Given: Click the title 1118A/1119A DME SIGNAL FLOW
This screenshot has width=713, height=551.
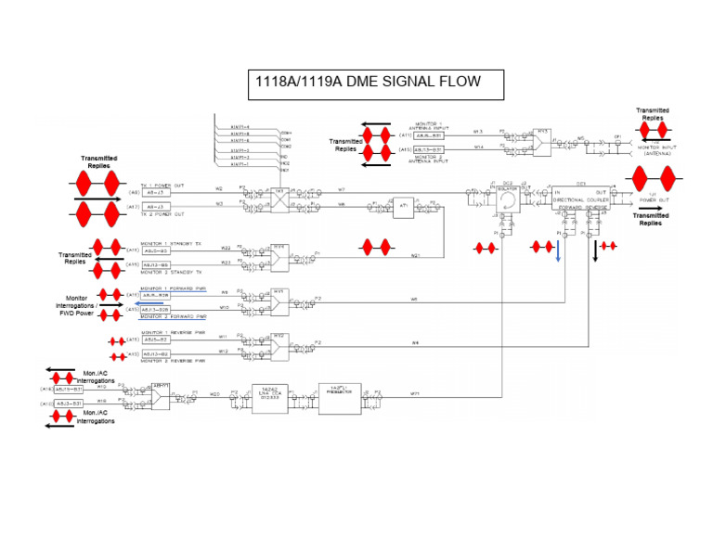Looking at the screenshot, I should [368, 83].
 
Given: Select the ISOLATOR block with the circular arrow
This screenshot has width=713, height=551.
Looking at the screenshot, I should [507, 199].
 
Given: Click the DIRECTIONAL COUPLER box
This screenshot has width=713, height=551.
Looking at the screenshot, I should [580, 199].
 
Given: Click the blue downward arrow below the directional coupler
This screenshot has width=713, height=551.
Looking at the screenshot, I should [559, 252].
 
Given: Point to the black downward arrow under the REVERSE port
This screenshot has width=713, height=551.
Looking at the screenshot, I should [594, 251].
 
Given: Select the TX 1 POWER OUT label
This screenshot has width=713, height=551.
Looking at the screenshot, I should [162, 185].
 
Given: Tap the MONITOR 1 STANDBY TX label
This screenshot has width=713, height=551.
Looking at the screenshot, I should [171, 243].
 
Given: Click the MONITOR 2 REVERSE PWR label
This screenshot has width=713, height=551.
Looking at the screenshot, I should [173, 361].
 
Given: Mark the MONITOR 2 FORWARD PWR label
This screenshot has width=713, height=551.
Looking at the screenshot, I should [173, 317].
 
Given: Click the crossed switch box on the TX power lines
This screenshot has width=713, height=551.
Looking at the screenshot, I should [279, 197].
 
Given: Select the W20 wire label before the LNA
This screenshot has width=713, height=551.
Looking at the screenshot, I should [214, 393].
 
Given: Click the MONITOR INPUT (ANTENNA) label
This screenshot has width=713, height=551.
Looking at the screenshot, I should [655, 151].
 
